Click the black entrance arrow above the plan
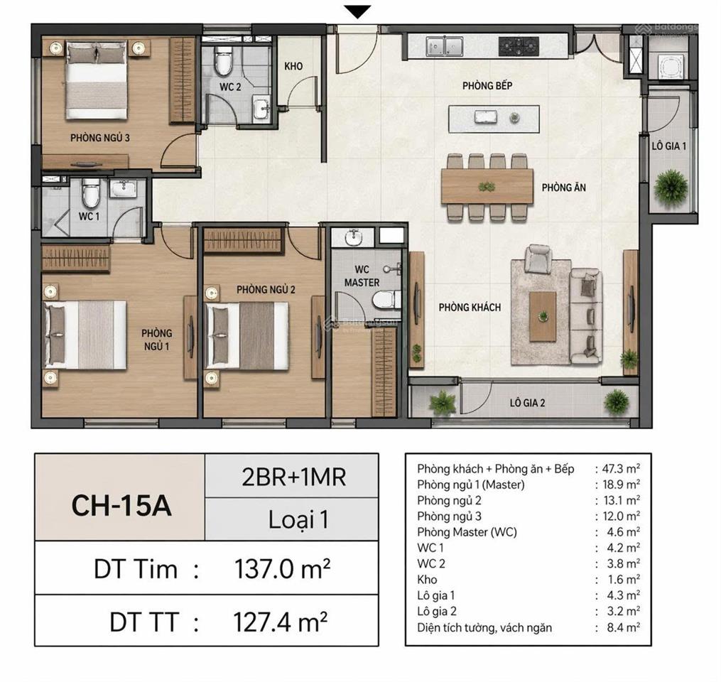tap(358, 12)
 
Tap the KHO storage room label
tap(293, 66)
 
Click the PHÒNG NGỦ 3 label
tap(99, 138)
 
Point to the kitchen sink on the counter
tap(444, 46)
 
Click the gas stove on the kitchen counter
tap(519, 45)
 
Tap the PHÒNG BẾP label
tap(487, 85)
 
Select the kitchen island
tap(494, 119)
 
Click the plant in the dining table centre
tap(487, 187)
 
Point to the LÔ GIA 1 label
tap(668, 146)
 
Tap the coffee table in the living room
tap(543, 317)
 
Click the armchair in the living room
tap(538, 259)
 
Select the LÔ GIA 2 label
tap(527, 403)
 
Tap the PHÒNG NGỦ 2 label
tap(266, 289)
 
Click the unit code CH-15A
tap(121, 505)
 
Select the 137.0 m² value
tap(282, 568)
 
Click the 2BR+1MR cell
tap(294, 477)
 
